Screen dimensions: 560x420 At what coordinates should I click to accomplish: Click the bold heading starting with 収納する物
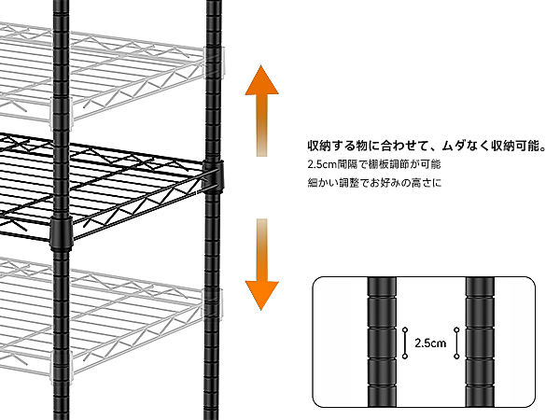coord(425,147)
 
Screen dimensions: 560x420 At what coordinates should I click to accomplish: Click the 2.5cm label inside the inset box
coord(430,343)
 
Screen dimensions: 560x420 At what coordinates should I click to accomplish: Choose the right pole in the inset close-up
coord(480,340)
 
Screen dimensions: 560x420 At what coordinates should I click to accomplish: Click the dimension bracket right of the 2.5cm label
coord(455,343)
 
